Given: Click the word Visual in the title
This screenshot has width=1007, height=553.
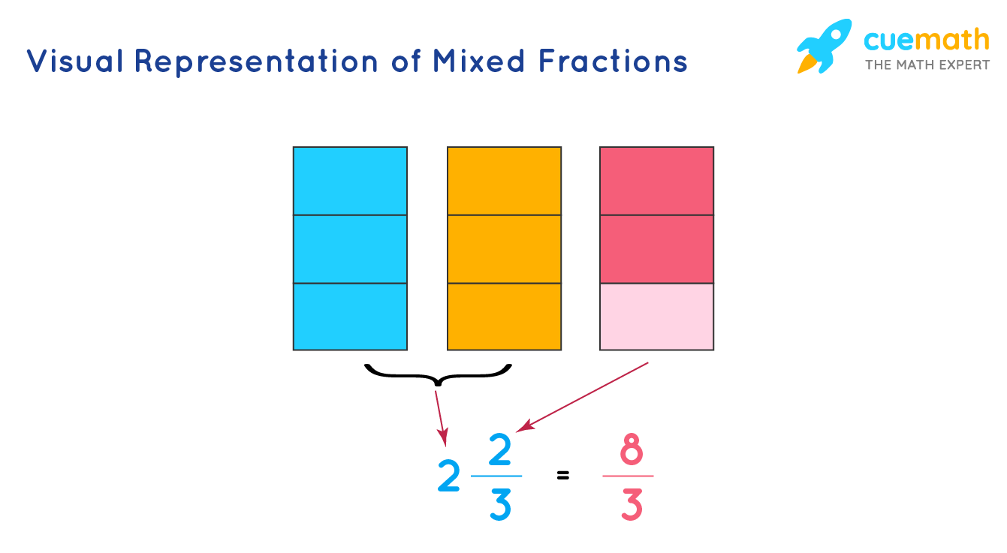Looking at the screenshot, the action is (74, 61).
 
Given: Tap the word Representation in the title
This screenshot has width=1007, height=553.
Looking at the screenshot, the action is (255, 62).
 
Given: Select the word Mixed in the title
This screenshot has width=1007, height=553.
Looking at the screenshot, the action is (478, 61).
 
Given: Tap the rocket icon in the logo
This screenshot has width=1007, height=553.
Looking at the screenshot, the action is (824, 46).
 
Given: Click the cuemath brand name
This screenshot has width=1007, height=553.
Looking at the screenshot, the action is (927, 39).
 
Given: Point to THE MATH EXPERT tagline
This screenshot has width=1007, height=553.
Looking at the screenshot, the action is (927, 65).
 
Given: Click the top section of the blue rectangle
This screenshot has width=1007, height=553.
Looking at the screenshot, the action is (350, 181).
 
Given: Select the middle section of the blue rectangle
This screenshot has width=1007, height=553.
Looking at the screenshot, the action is (350, 249).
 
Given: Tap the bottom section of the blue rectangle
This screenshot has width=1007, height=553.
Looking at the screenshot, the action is (350, 317).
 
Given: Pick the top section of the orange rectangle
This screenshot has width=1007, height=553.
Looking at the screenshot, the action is (505, 181).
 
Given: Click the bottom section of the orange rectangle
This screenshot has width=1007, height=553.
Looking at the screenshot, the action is (505, 317).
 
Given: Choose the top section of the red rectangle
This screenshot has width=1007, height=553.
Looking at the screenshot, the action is (657, 181).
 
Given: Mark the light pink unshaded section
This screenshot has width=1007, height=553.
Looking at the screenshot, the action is (657, 317).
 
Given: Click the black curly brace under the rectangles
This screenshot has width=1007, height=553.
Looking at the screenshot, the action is (437, 374).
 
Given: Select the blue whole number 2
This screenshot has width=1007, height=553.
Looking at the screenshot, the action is (448, 476).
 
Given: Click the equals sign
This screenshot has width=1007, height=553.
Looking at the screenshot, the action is (563, 475).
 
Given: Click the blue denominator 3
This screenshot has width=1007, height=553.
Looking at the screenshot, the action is (499, 504).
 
